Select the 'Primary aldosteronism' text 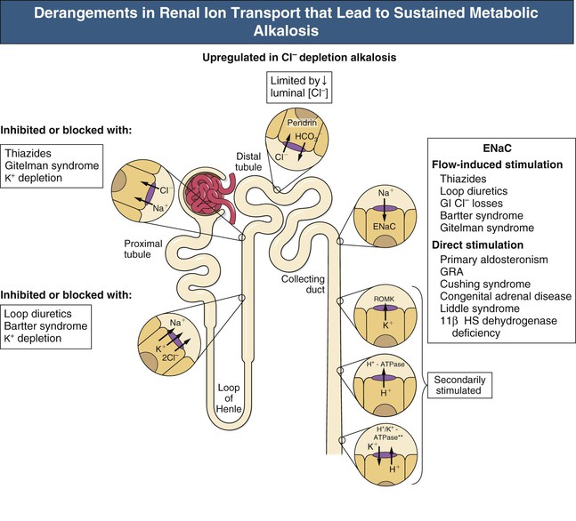496,259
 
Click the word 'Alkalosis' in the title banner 288,34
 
